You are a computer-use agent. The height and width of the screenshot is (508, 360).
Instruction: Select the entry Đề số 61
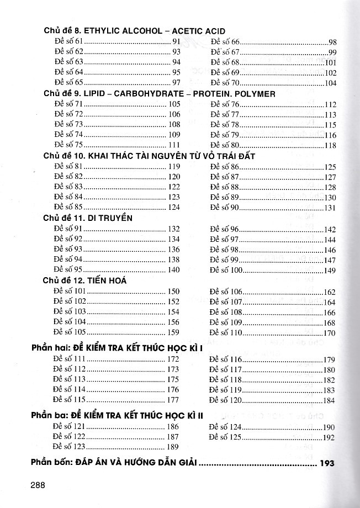coord(68,42)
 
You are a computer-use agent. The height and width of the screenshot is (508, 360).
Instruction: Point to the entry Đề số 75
coord(68,145)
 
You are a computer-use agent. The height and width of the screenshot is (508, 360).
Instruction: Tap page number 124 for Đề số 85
coord(173,208)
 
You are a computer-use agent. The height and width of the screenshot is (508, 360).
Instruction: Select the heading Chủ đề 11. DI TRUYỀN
coord(88,218)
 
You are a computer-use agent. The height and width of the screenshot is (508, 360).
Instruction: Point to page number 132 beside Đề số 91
coord(173,229)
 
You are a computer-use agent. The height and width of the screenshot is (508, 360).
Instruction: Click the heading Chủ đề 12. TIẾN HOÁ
coord(85,281)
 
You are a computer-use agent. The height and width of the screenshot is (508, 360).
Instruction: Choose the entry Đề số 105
coord(70,332)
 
